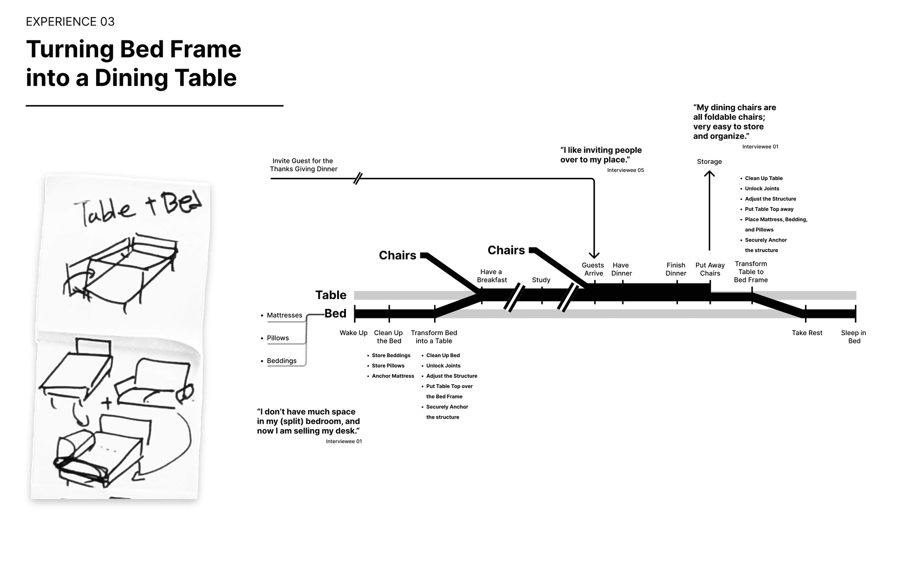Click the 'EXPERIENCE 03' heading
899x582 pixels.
(70, 22)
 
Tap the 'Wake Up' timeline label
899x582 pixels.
(353, 333)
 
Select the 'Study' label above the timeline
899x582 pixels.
(541, 280)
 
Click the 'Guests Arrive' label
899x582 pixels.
(593, 269)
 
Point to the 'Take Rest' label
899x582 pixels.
(807, 333)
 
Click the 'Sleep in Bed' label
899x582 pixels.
(853, 337)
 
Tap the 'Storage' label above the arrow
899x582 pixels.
(709, 162)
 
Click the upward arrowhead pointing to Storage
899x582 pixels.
(709, 174)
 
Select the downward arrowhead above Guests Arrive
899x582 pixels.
(594, 255)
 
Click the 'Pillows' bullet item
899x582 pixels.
(277, 338)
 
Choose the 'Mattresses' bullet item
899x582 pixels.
(284, 315)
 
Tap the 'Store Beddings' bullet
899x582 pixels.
(391, 355)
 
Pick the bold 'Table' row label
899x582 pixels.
(331, 295)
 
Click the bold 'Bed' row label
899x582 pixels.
(335, 314)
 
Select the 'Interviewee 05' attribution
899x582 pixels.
(625, 170)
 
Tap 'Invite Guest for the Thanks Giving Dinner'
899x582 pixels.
(303, 165)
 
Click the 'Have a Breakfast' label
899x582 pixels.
(492, 276)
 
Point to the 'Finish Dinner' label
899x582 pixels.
(676, 269)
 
